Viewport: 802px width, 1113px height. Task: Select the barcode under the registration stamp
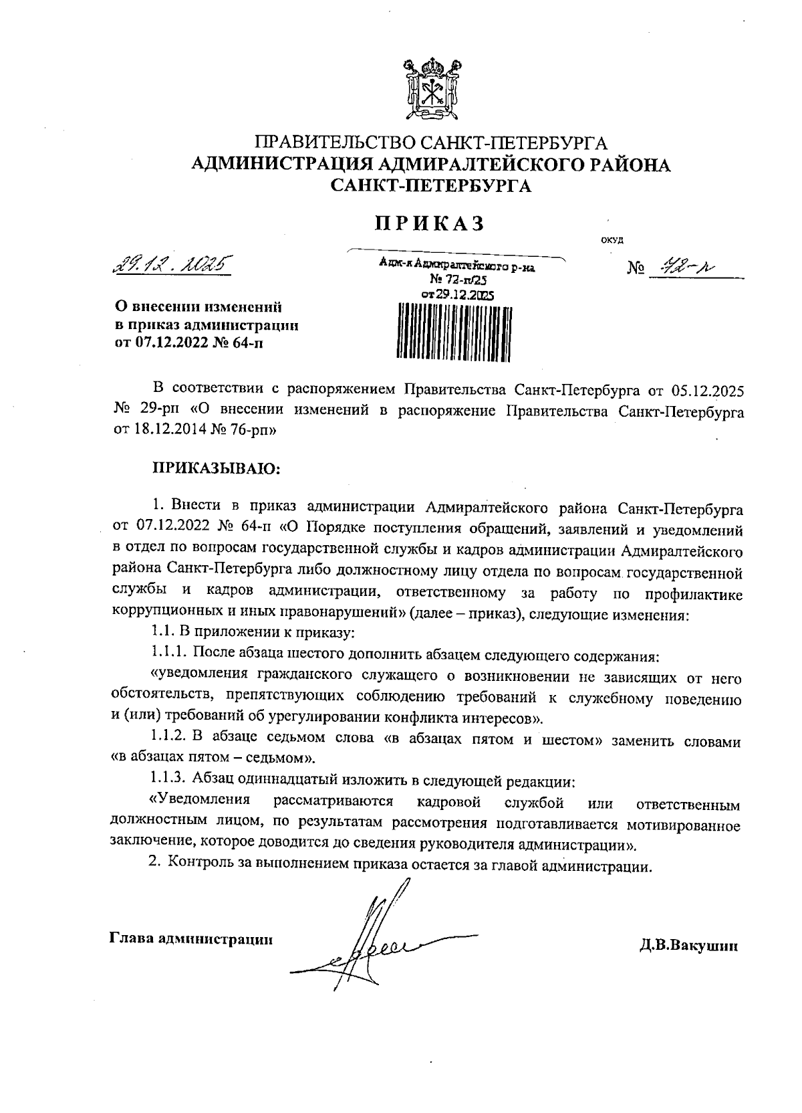tap(454, 331)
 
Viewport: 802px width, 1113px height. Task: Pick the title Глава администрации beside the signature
tap(191, 939)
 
